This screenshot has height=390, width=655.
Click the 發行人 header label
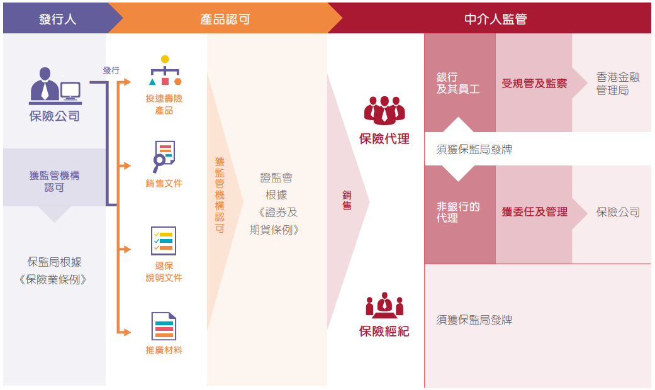pos(57,19)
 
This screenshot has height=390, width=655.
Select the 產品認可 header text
pos(225,19)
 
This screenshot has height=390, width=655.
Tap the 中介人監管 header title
pos(495,19)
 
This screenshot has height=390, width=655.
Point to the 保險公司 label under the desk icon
pos(54,116)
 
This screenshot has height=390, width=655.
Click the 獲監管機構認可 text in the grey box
pos(54,181)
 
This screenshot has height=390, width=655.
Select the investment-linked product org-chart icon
pos(165,70)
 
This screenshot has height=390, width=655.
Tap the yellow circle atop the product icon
pos(165,59)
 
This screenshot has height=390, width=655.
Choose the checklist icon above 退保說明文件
pos(164,241)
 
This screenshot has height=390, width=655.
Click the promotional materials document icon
pos(164,326)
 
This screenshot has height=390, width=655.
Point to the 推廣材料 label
pos(164,350)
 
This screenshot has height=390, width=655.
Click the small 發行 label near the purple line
pos(111,70)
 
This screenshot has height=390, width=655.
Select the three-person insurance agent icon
pos(384,111)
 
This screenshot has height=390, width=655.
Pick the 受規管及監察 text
pos(534,84)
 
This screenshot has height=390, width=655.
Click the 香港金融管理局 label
pos(618,84)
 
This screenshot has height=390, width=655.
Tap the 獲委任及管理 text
pos(534,212)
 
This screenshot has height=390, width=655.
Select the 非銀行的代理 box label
pos(458,212)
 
